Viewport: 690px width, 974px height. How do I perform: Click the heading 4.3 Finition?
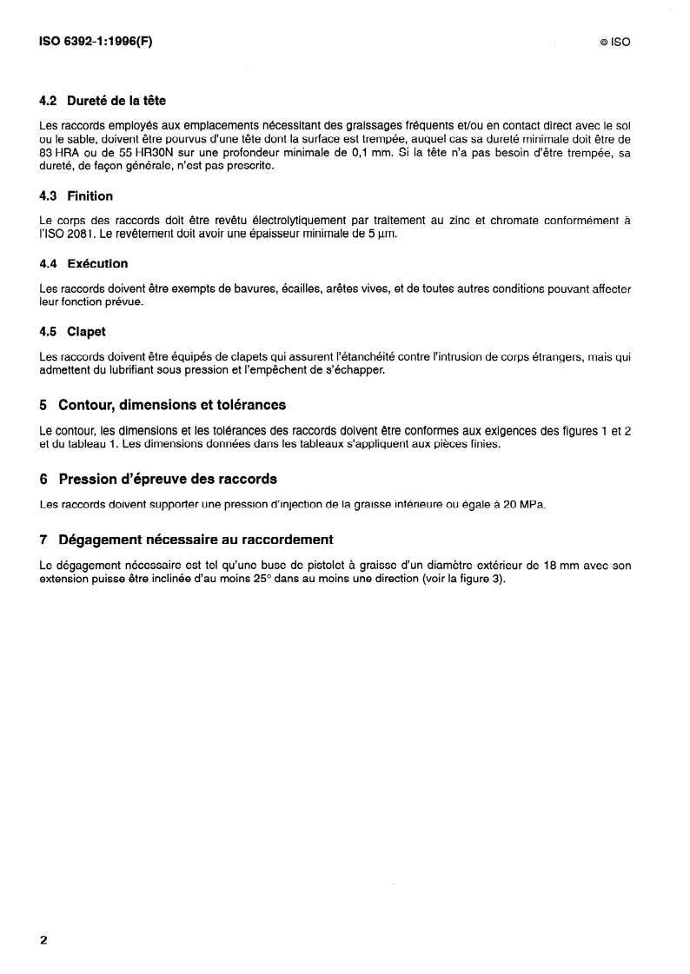76,196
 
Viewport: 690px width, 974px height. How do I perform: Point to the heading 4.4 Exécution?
83,263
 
